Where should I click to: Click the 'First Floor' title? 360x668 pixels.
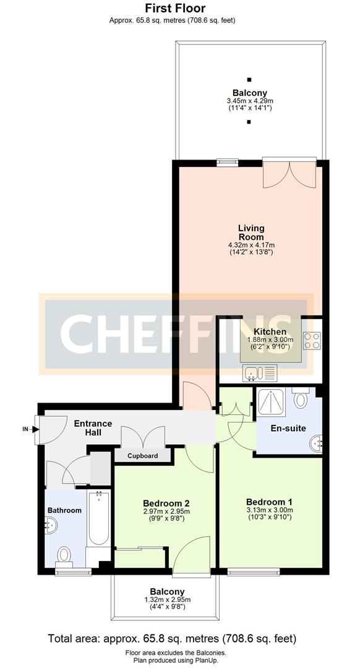[175, 9]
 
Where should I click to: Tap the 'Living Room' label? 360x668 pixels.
[251, 233]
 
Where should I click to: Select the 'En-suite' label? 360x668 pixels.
[288, 428]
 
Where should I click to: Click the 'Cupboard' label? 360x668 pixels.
[143, 456]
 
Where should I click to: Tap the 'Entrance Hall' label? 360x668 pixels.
[93, 428]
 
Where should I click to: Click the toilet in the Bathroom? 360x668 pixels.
[64, 555]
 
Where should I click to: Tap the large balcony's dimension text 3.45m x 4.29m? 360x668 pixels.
[250, 101]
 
